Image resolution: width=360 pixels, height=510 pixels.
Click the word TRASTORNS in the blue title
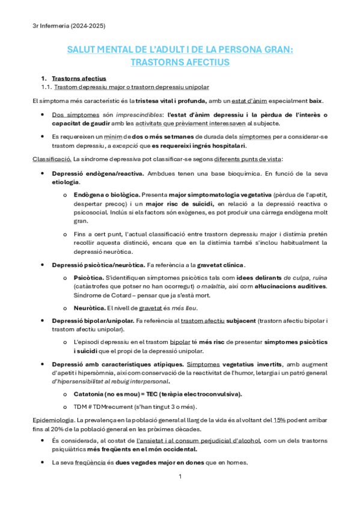159,61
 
